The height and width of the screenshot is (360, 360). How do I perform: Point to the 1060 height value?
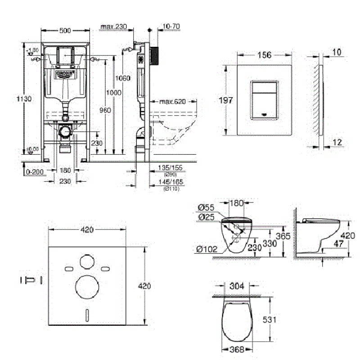[123, 78]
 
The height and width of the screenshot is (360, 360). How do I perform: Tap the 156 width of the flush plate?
[264, 55]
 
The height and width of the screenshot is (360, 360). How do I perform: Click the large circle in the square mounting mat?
[87, 287]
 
